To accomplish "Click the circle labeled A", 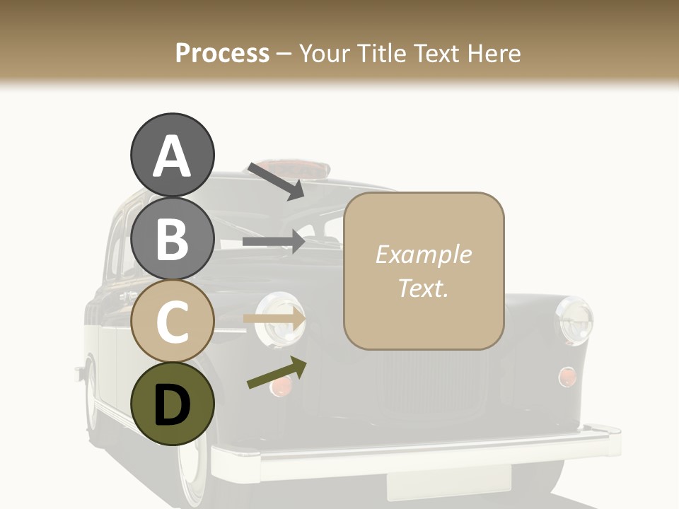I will tap(172, 156).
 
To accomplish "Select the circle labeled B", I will tap(172, 238).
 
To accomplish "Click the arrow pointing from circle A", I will tap(275, 181).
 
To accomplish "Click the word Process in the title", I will tap(222, 53).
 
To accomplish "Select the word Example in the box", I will tap(423, 255).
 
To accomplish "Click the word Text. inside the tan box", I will tap(423, 288).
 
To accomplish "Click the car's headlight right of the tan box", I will tap(574, 320).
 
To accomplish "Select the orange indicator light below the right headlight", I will tap(567, 377).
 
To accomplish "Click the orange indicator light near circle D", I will tap(282, 385).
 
